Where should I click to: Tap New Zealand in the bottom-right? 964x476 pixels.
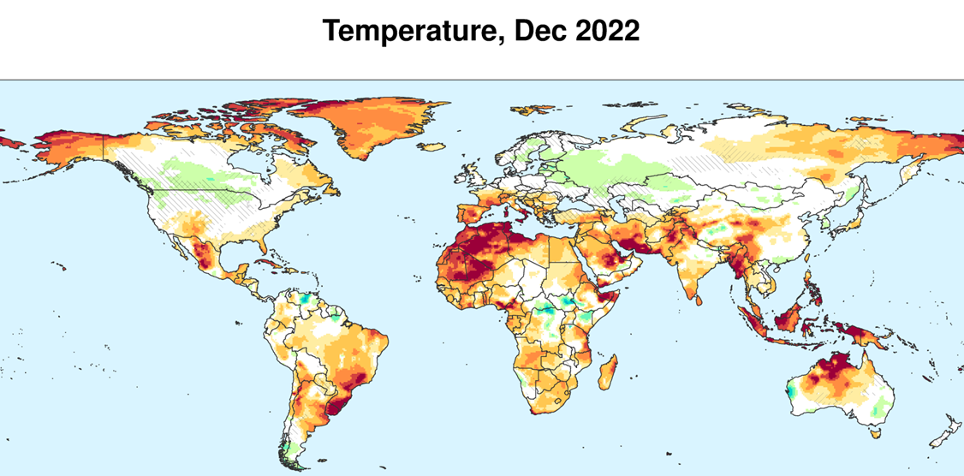pyautogui.click(x=942, y=429)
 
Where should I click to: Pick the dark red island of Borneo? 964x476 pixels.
pyautogui.click(x=789, y=320)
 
